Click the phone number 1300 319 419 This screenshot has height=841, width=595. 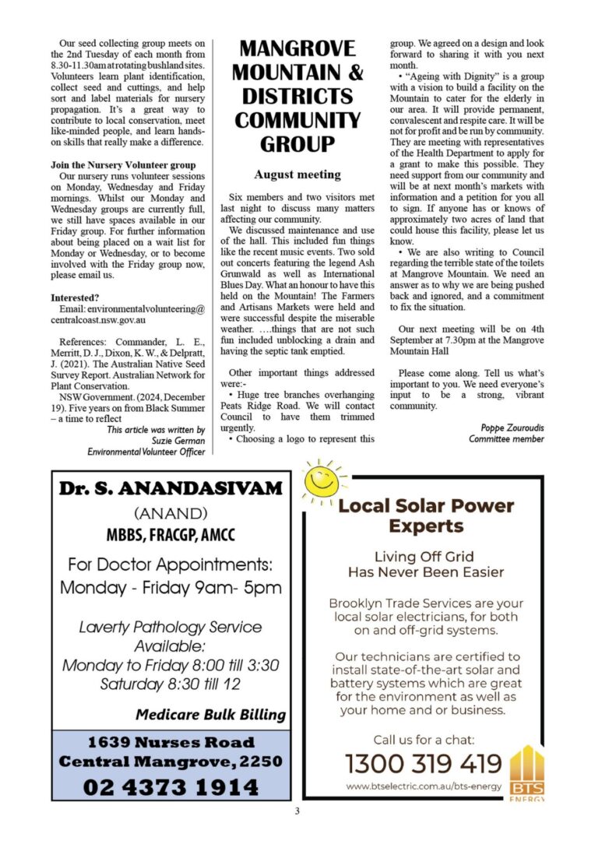click(x=424, y=763)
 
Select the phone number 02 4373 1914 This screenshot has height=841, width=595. click(x=171, y=786)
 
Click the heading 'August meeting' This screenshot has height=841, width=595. click(x=297, y=174)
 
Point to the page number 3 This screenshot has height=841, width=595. click(x=297, y=812)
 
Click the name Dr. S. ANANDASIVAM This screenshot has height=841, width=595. click(x=171, y=490)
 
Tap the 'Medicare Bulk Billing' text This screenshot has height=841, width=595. click(x=210, y=714)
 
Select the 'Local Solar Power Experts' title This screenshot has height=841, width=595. click(x=426, y=516)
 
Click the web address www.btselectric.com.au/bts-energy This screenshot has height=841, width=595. click(x=423, y=786)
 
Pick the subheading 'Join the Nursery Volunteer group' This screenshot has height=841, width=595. click(x=123, y=165)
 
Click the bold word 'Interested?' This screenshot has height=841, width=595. click(x=75, y=298)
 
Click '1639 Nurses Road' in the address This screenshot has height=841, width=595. click(x=171, y=741)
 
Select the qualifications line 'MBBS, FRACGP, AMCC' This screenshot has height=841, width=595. click(x=171, y=536)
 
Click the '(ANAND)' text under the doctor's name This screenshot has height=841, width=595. click(x=171, y=514)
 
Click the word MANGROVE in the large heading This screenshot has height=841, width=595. click(x=297, y=48)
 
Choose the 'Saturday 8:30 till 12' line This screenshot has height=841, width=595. click(x=171, y=684)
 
